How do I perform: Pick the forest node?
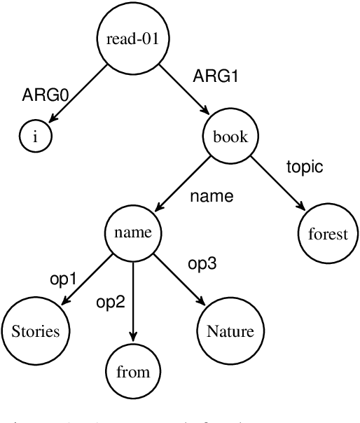pos(327,234)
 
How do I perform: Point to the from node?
pos(133,371)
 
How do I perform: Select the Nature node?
pos(230,331)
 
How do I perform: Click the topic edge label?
pos(305,167)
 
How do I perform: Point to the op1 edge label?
pos(63,279)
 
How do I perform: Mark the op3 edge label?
pos(203,265)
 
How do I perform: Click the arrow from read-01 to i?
pos(77,95)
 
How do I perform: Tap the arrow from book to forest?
pos(278,185)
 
